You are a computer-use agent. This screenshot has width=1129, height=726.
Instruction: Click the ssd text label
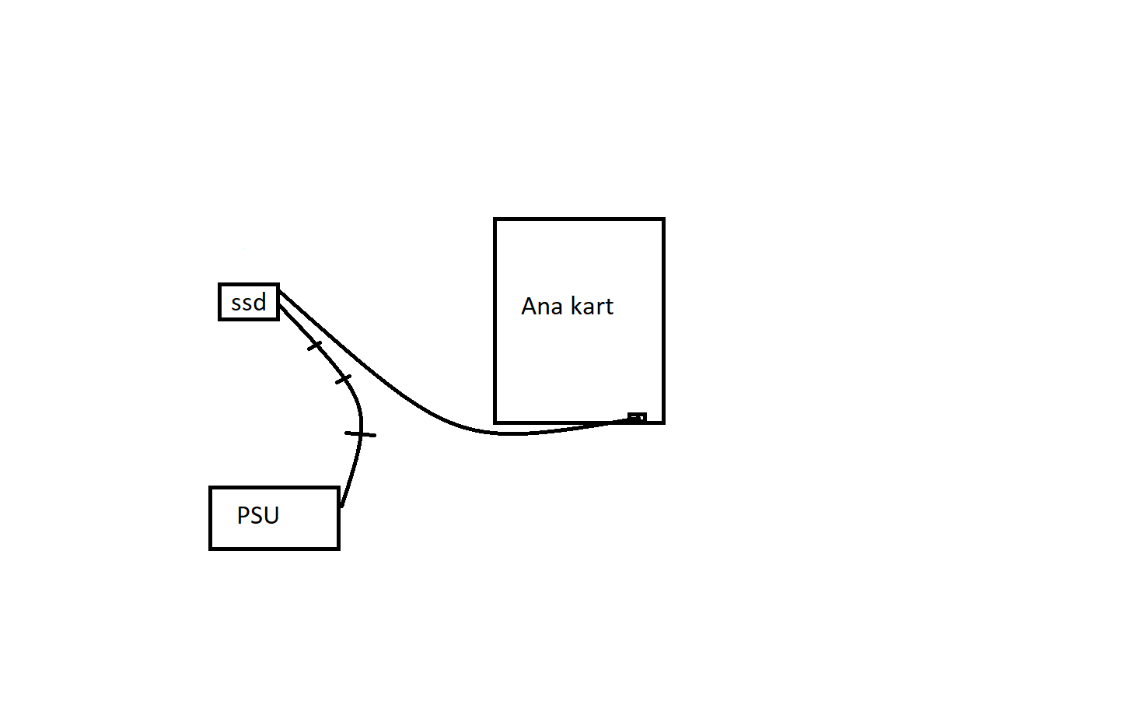[x=249, y=302]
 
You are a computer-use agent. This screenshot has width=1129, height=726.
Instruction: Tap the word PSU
[x=258, y=515]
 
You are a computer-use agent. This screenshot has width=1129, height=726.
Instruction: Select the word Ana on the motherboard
[x=542, y=306]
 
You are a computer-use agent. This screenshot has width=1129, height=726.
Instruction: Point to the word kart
[x=592, y=306]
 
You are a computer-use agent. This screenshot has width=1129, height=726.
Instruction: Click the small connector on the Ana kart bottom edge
[x=637, y=418]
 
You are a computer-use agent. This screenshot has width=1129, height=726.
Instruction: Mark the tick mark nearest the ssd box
[x=314, y=345]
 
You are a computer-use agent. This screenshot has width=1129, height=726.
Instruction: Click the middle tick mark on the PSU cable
[x=343, y=379]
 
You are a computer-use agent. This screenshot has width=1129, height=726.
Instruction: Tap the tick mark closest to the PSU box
[x=360, y=433]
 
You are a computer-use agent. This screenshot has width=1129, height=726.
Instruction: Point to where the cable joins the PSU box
[x=341, y=505]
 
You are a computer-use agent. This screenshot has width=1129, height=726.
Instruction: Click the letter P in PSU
[x=243, y=515]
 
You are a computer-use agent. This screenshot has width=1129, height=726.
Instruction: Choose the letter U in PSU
[x=271, y=515]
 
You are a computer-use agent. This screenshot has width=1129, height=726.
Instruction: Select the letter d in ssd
[x=260, y=301]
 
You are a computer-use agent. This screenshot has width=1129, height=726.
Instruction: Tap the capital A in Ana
[x=530, y=306]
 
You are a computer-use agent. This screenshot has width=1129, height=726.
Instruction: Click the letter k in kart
[x=576, y=306]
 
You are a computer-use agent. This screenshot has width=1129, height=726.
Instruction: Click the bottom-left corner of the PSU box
[x=211, y=548]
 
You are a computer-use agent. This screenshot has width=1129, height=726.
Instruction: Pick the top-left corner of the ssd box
[x=220, y=286]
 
